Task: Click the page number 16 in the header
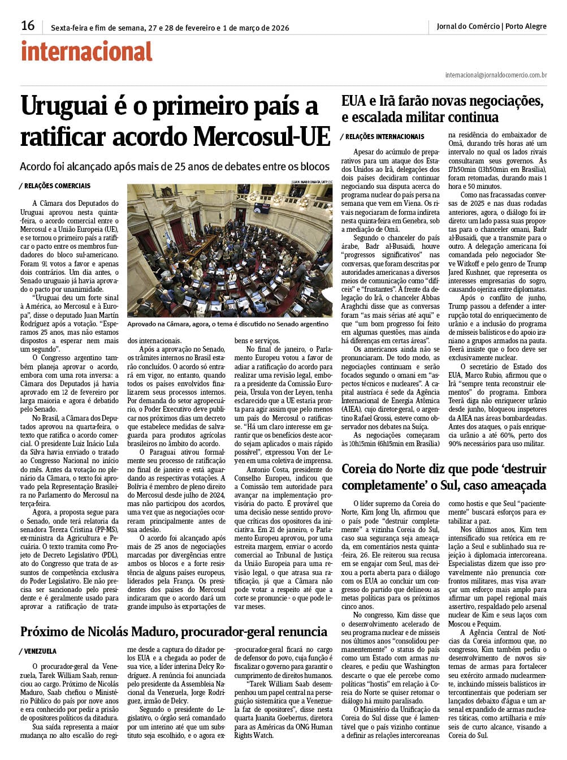[28, 25]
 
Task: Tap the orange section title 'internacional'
[86, 52]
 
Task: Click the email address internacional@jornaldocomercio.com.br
[496, 75]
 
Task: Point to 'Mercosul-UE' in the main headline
[261, 136]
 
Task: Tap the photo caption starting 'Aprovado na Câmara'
[227, 324]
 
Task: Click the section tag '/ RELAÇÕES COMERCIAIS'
[55, 186]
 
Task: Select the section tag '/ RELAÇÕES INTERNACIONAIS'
[382, 137]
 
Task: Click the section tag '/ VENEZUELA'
[38, 651]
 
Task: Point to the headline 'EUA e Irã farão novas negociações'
[442, 102]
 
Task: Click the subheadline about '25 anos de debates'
[175, 167]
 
